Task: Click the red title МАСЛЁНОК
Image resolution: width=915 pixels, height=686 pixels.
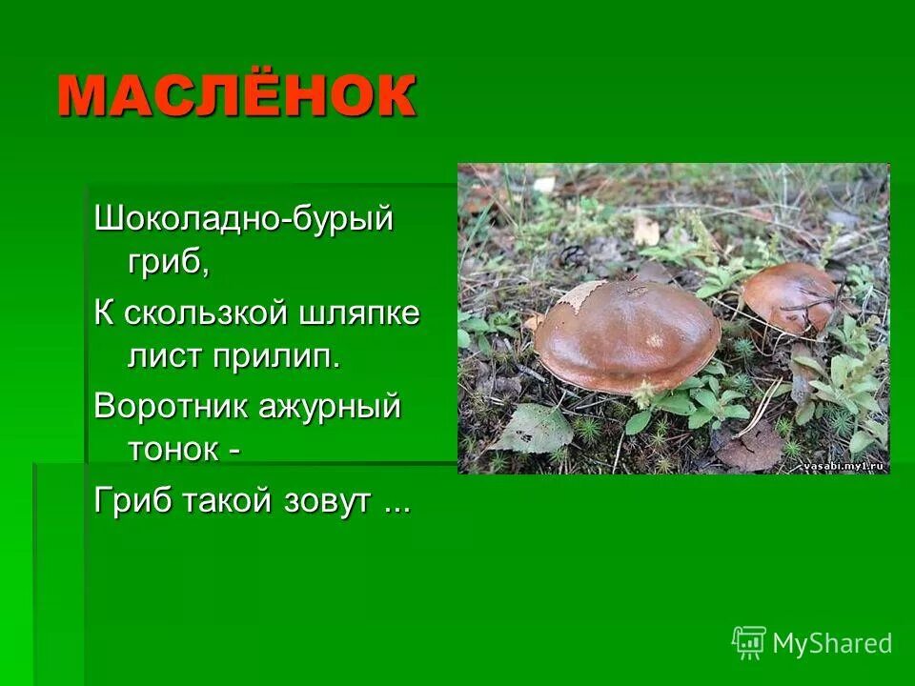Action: (x=236, y=95)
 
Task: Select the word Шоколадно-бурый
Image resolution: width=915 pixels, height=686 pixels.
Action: (x=243, y=220)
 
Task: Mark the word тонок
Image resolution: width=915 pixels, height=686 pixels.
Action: (x=172, y=449)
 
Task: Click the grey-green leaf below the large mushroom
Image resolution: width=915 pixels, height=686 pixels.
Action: (x=533, y=429)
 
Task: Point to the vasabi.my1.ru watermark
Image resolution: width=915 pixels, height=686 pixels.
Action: (x=844, y=466)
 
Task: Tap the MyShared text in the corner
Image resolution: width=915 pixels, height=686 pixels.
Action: (x=832, y=643)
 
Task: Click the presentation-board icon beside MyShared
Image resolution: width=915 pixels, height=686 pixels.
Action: (x=749, y=643)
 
